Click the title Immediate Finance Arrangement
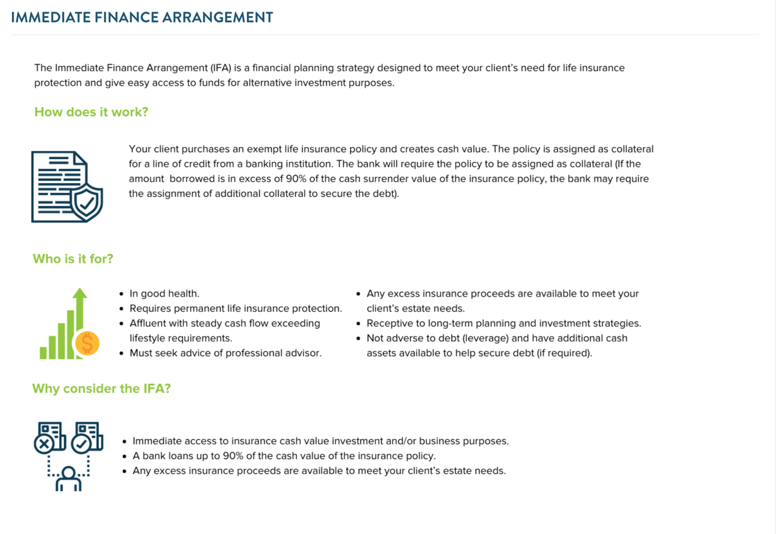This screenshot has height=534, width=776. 142,17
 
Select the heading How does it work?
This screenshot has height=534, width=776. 91,112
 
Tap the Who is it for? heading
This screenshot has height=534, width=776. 73,259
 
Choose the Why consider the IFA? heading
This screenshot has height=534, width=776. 102,389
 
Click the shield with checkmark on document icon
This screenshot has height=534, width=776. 87,202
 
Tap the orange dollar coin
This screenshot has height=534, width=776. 87,343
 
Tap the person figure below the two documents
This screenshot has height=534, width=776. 68,479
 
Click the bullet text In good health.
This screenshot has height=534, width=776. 164,294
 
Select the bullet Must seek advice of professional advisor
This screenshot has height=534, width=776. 225,353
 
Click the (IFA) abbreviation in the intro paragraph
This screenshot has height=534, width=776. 221,68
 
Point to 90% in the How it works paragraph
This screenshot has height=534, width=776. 296,179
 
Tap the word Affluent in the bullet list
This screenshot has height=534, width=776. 148,324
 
